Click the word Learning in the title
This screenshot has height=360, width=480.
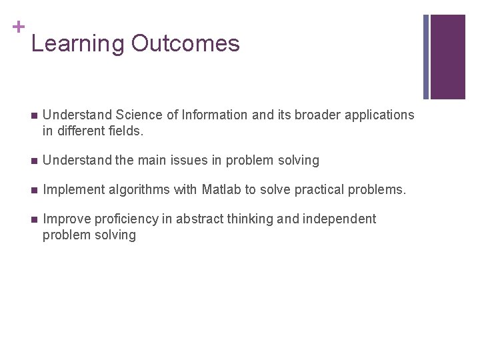click(77, 44)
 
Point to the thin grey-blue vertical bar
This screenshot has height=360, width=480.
click(426, 57)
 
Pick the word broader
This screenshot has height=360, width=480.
click(319, 115)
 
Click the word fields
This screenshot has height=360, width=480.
click(125, 131)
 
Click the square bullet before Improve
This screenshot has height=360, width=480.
click(34, 219)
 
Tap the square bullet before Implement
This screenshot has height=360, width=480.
click(34, 190)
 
